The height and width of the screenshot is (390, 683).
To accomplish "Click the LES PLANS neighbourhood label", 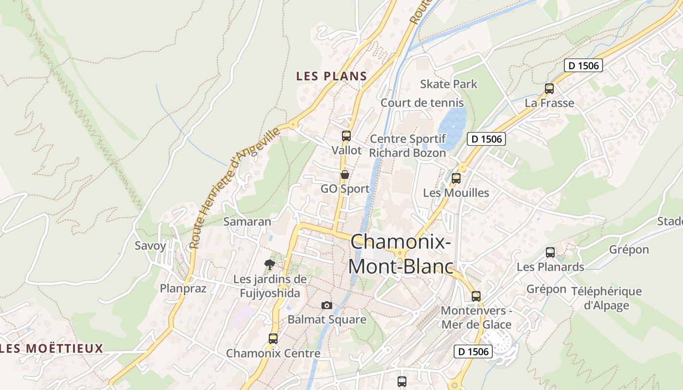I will point(331,76).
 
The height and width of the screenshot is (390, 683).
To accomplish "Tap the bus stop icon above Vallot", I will point(346,136).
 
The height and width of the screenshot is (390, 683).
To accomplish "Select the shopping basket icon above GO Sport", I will point(345,175).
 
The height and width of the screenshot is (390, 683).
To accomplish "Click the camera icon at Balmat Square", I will point(327,305).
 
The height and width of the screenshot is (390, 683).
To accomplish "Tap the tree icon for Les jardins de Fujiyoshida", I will point(269,265).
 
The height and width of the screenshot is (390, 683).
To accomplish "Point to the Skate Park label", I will point(449,84).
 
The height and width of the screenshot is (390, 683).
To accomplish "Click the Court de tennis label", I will point(422,103).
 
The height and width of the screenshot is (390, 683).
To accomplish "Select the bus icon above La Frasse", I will point(549,89).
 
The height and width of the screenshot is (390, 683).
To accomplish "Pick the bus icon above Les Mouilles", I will point(456,178).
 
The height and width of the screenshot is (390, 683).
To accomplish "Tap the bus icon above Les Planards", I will point(550,253).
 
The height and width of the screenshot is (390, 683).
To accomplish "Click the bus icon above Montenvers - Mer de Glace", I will point(476,296).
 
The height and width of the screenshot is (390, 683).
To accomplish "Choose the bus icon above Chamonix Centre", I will point(273,338).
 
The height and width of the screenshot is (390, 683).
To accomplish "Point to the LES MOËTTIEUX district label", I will point(52,349).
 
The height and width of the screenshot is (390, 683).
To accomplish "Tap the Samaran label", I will point(247,221).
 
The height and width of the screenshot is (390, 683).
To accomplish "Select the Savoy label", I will point(150,246).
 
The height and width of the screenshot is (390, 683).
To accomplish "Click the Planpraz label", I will point(183,289).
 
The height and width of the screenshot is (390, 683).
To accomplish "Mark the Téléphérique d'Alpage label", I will point(613,298).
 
